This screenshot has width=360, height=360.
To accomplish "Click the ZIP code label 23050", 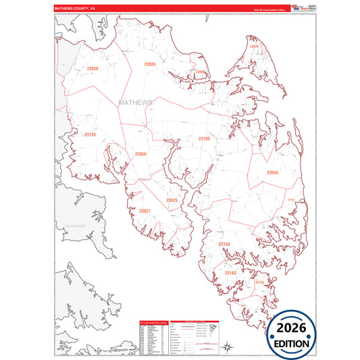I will [93, 68].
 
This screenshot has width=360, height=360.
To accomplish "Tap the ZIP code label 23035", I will [150, 64].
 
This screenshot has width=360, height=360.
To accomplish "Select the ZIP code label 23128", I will [90, 134].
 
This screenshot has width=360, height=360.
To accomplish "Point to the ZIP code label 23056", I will [140, 154].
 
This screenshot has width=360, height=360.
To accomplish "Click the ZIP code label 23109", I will [204, 138].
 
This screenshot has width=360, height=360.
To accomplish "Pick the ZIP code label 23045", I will [272, 173].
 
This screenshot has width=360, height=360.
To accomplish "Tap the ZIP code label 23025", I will [172, 200].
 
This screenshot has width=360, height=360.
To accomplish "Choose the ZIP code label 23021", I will [145, 211].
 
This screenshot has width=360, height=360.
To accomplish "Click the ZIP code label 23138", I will [224, 244].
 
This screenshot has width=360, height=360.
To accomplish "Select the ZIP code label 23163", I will [230, 273].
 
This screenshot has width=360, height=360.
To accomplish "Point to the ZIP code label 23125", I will [259, 282].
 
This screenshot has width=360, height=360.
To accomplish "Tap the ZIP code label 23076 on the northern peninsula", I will [254, 46].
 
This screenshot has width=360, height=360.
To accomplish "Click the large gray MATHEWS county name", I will [135, 103].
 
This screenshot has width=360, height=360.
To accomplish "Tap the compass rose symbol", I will [228, 346].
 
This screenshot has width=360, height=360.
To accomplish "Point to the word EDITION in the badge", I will [292, 343].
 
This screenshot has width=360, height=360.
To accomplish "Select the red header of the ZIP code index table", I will [153, 322].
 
